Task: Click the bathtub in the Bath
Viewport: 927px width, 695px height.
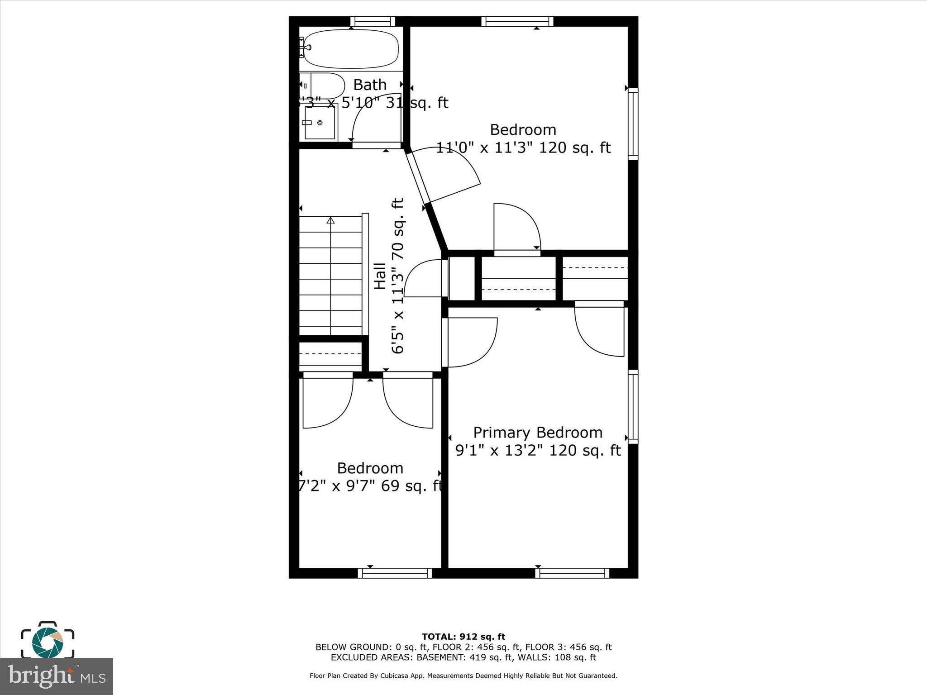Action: click(x=351, y=49)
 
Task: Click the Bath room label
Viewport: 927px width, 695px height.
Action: click(x=370, y=85)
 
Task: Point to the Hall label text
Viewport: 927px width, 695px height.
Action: click(x=379, y=276)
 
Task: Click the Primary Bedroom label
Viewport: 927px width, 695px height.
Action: click(x=538, y=433)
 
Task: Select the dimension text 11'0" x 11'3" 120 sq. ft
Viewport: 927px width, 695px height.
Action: click(x=523, y=148)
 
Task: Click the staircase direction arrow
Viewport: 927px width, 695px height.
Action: click(x=331, y=221)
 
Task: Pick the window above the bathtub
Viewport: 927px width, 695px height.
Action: click(x=373, y=21)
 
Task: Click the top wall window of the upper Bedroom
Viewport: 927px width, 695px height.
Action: click(x=517, y=21)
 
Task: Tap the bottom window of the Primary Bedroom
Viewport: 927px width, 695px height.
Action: click(x=572, y=573)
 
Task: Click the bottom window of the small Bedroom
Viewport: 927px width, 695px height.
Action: click(x=395, y=573)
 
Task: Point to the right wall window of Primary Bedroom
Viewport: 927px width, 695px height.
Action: click(x=633, y=406)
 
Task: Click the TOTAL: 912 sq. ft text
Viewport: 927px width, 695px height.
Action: click(x=463, y=637)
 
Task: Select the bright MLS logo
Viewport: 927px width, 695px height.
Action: click(x=57, y=676)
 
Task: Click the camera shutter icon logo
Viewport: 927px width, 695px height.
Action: click(x=48, y=640)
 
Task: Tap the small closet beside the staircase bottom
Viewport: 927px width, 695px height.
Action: click(x=331, y=354)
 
